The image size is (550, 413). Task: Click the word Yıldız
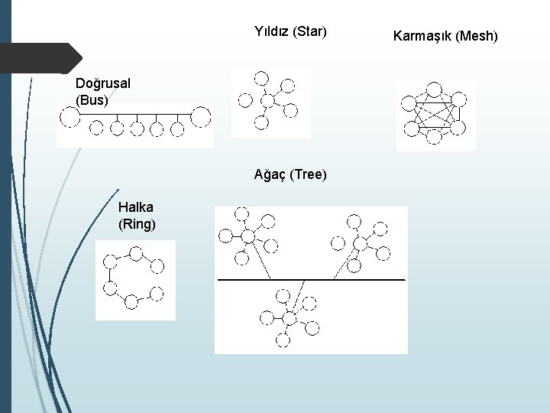coord(270,32)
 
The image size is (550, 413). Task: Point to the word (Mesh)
coord(477,35)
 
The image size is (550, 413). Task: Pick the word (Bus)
coord(92,99)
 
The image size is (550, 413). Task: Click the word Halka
coord(136,207)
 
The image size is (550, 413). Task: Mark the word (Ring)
coord(137,224)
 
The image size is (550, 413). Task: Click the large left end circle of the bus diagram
coord(70,116)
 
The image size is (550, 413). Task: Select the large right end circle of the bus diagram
coord(200,116)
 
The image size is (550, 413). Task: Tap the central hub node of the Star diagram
coord(267,100)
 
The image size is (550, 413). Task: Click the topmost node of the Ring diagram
coord(136,252)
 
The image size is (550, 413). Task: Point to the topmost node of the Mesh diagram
coord(435,88)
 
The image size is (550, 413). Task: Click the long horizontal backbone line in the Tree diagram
coord(311,280)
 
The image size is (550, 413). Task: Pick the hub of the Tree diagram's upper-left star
coord(247,236)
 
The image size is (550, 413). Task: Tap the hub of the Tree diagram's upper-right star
coord(359,242)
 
